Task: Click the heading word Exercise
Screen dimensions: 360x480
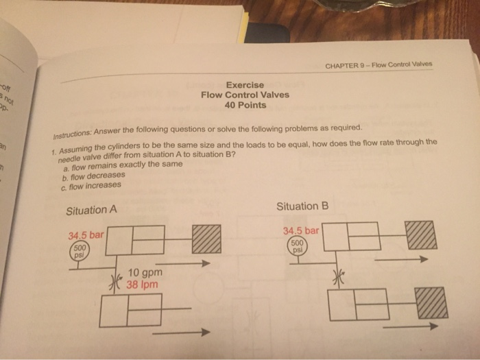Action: point(245,84)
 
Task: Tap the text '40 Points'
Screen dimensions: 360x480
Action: point(245,106)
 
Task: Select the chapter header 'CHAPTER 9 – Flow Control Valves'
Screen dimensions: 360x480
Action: point(385,66)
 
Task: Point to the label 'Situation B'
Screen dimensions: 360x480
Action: point(302,206)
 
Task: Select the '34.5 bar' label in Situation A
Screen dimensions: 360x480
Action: point(85,235)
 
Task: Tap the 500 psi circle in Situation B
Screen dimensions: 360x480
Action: point(297,245)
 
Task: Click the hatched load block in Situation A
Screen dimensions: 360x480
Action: point(207,240)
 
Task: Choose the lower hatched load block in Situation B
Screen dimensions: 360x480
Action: point(432,304)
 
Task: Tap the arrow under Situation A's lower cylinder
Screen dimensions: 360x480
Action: point(180,333)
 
